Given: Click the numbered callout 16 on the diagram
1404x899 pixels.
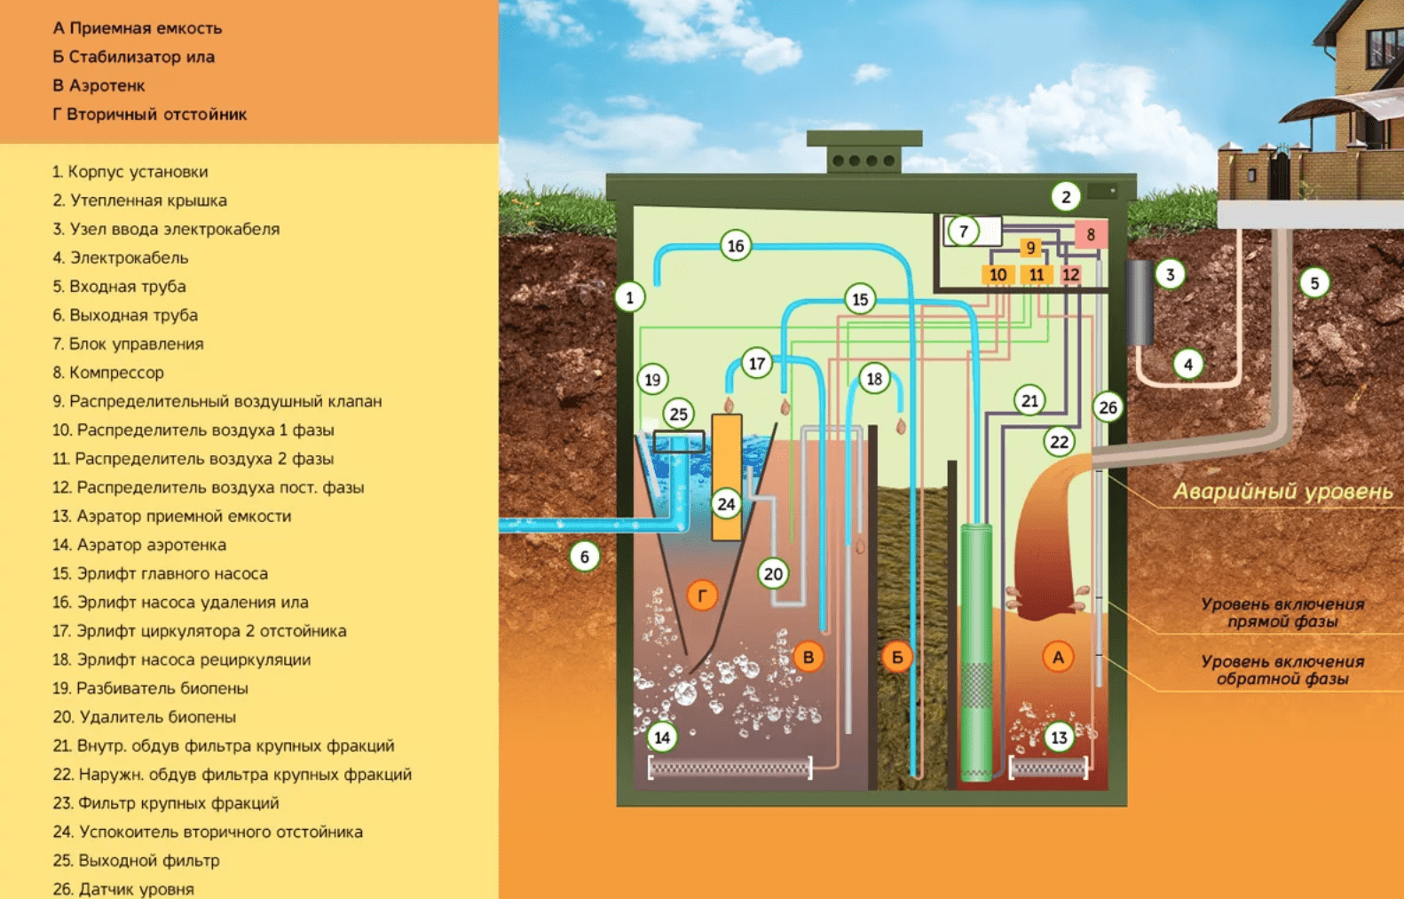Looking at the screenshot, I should click(x=736, y=246).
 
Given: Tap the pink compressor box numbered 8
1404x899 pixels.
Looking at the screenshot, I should click(x=1091, y=234).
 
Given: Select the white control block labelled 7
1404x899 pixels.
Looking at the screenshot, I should click(x=973, y=232).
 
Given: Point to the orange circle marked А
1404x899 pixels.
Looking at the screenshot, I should click(x=1057, y=658).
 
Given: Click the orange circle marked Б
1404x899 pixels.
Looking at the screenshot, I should click(x=897, y=658).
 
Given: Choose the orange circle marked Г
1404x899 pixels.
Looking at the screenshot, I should click(x=702, y=595).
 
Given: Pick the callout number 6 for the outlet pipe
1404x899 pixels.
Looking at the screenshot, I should click(x=584, y=556).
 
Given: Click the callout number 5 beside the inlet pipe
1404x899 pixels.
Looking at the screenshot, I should click(x=1314, y=283).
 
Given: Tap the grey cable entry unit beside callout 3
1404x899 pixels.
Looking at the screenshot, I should click(x=1140, y=302).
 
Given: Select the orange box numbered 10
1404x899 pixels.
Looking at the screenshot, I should click(x=998, y=275).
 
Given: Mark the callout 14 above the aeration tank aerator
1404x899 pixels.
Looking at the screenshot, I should click(x=662, y=737).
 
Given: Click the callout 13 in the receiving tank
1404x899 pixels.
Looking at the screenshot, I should click(x=1059, y=737).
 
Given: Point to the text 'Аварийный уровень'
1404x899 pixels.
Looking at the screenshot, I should click(x=1282, y=492).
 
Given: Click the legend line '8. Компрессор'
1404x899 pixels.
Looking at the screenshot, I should click(x=107, y=373).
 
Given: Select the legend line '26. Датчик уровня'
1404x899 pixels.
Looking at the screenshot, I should click(x=123, y=888).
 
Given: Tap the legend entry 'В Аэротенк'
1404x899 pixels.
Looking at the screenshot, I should click(x=99, y=86).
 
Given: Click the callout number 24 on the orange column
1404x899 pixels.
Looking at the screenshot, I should click(x=726, y=504).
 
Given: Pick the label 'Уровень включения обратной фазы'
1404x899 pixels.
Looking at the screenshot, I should click(x=1282, y=670).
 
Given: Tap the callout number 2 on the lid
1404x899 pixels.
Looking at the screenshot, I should click(x=1066, y=196).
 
